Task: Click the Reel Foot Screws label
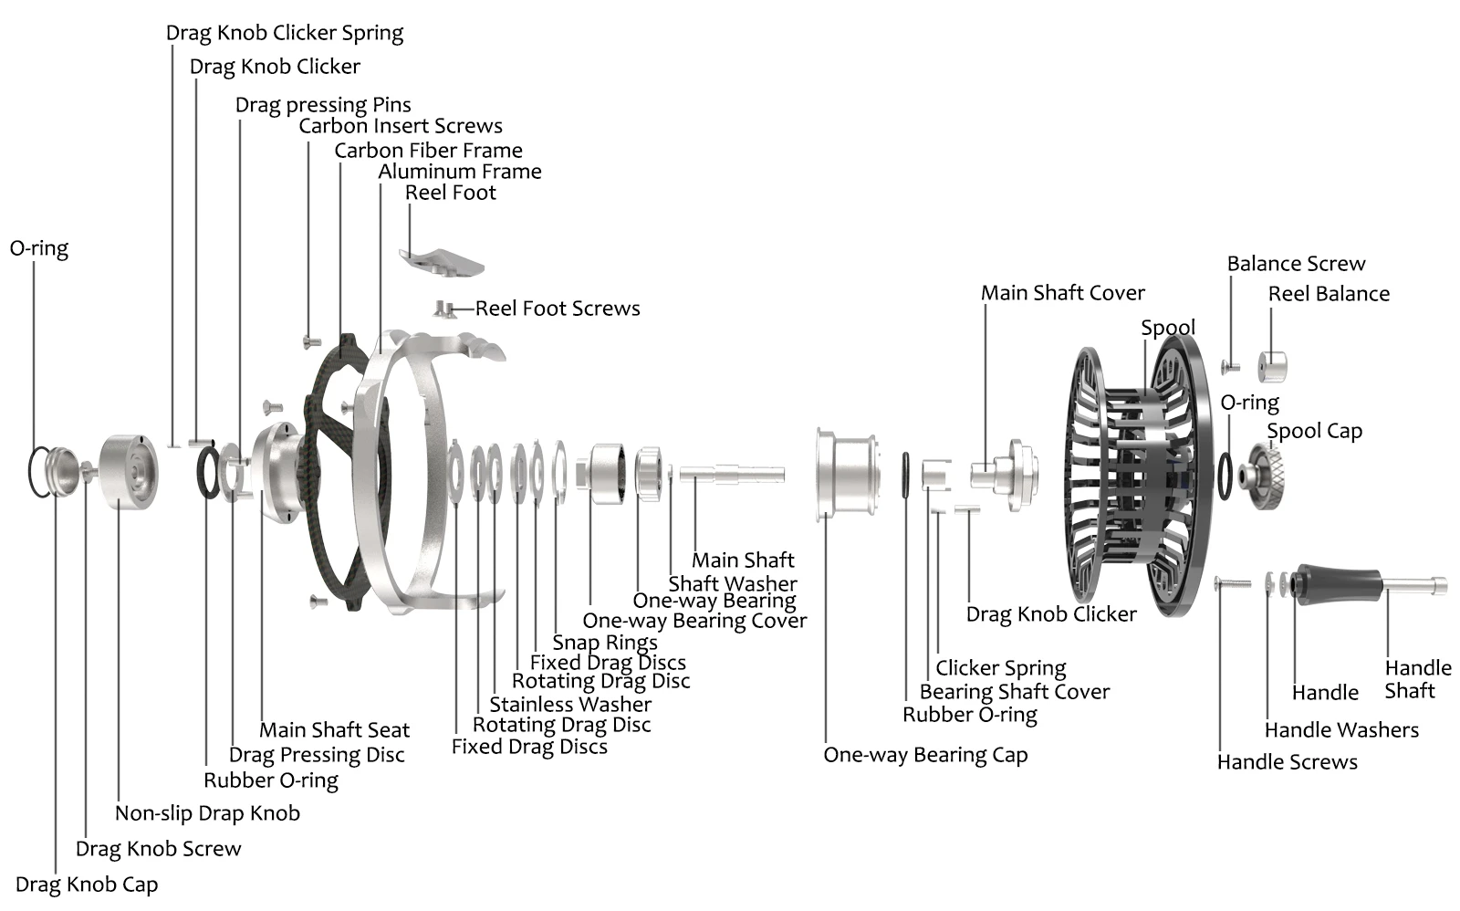pyautogui.click(x=558, y=309)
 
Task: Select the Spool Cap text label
pyautogui.click(x=1314, y=431)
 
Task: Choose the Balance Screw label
pyautogui.click(x=1296, y=264)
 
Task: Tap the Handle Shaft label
pyautogui.click(x=1417, y=679)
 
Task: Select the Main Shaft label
pyautogui.click(x=743, y=560)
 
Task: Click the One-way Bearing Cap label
pyautogui.click(x=925, y=755)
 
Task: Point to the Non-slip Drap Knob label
pyautogui.click(x=207, y=813)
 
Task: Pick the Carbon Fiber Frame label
pyautogui.click(x=428, y=151)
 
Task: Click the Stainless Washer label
pyautogui.click(x=570, y=705)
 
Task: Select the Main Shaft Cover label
pyautogui.click(x=1062, y=293)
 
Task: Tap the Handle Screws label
pyautogui.click(x=1287, y=762)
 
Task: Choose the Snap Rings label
pyautogui.click(x=604, y=643)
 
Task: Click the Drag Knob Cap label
pyautogui.click(x=87, y=885)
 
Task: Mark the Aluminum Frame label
pyautogui.click(x=460, y=172)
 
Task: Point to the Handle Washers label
pyautogui.click(x=1341, y=730)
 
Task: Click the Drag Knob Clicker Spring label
pyautogui.click(x=285, y=33)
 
